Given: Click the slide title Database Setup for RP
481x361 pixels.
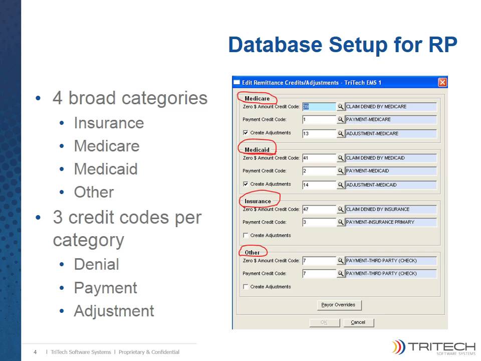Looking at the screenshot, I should tap(342, 45).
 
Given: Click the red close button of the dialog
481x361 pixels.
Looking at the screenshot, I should tap(442, 82).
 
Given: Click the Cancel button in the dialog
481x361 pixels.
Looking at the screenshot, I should tap(358, 322).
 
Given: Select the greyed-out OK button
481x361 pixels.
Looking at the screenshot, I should tap(324, 322).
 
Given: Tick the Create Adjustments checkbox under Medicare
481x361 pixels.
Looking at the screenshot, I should tap(246, 133).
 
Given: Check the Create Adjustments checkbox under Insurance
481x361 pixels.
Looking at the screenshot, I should tap(246, 235).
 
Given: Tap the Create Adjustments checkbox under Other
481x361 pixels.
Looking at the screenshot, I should tap(246, 287).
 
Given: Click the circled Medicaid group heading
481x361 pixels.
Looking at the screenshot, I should tap(257, 149).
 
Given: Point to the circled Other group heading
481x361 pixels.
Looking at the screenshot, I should tap(253, 252).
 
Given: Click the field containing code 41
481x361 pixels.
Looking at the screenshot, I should tap(319, 158).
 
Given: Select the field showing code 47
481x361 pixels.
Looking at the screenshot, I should tap(319, 209).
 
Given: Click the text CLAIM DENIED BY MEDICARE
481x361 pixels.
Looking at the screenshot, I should tap(376, 107).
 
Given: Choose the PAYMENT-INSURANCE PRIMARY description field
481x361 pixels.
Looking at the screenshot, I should tap(390, 222).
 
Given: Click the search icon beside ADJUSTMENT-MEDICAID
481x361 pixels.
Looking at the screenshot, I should tap(341, 185).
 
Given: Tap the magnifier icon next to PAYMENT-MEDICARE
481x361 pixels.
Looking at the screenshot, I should tap(341, 120).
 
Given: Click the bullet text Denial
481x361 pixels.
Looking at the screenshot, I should tap(96, 264).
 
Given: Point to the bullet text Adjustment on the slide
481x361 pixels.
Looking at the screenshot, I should tap(114, 311).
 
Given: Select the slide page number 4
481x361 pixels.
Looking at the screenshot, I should tap(36, 352).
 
